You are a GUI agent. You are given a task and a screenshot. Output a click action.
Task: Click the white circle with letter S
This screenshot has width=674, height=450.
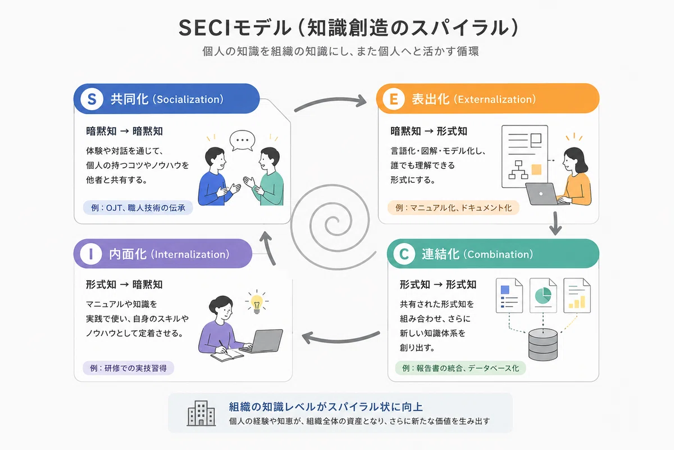pos(92,99)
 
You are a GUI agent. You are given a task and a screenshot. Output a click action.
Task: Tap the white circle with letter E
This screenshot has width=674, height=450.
pos(394,99)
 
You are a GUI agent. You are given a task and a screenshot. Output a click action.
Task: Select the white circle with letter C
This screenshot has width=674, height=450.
pos(404,254)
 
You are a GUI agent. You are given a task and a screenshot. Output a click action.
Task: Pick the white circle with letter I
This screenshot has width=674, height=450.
pos(91,254)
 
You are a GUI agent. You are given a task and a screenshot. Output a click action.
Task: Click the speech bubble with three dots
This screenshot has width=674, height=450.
pos(242,141)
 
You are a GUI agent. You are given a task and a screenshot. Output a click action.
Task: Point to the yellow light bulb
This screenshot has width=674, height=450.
pos(257,303)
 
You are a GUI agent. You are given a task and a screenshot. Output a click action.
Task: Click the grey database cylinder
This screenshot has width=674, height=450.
pos(543,344)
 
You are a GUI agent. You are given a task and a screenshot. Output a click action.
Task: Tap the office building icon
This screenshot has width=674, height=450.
pos(201,413)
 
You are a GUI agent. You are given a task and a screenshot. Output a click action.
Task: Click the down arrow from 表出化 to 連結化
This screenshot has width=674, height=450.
pos(555,224)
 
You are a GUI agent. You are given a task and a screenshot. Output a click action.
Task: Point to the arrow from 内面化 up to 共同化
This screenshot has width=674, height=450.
pos(268,247)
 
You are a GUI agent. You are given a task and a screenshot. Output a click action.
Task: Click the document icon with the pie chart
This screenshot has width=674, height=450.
pos(543,295)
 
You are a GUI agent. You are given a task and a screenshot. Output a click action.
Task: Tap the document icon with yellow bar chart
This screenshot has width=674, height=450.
pos(577,295)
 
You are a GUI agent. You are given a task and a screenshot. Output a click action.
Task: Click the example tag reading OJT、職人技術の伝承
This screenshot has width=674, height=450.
pos(138,208)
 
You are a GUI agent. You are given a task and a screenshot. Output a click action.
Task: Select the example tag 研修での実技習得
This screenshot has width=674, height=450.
pos(129,368)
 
